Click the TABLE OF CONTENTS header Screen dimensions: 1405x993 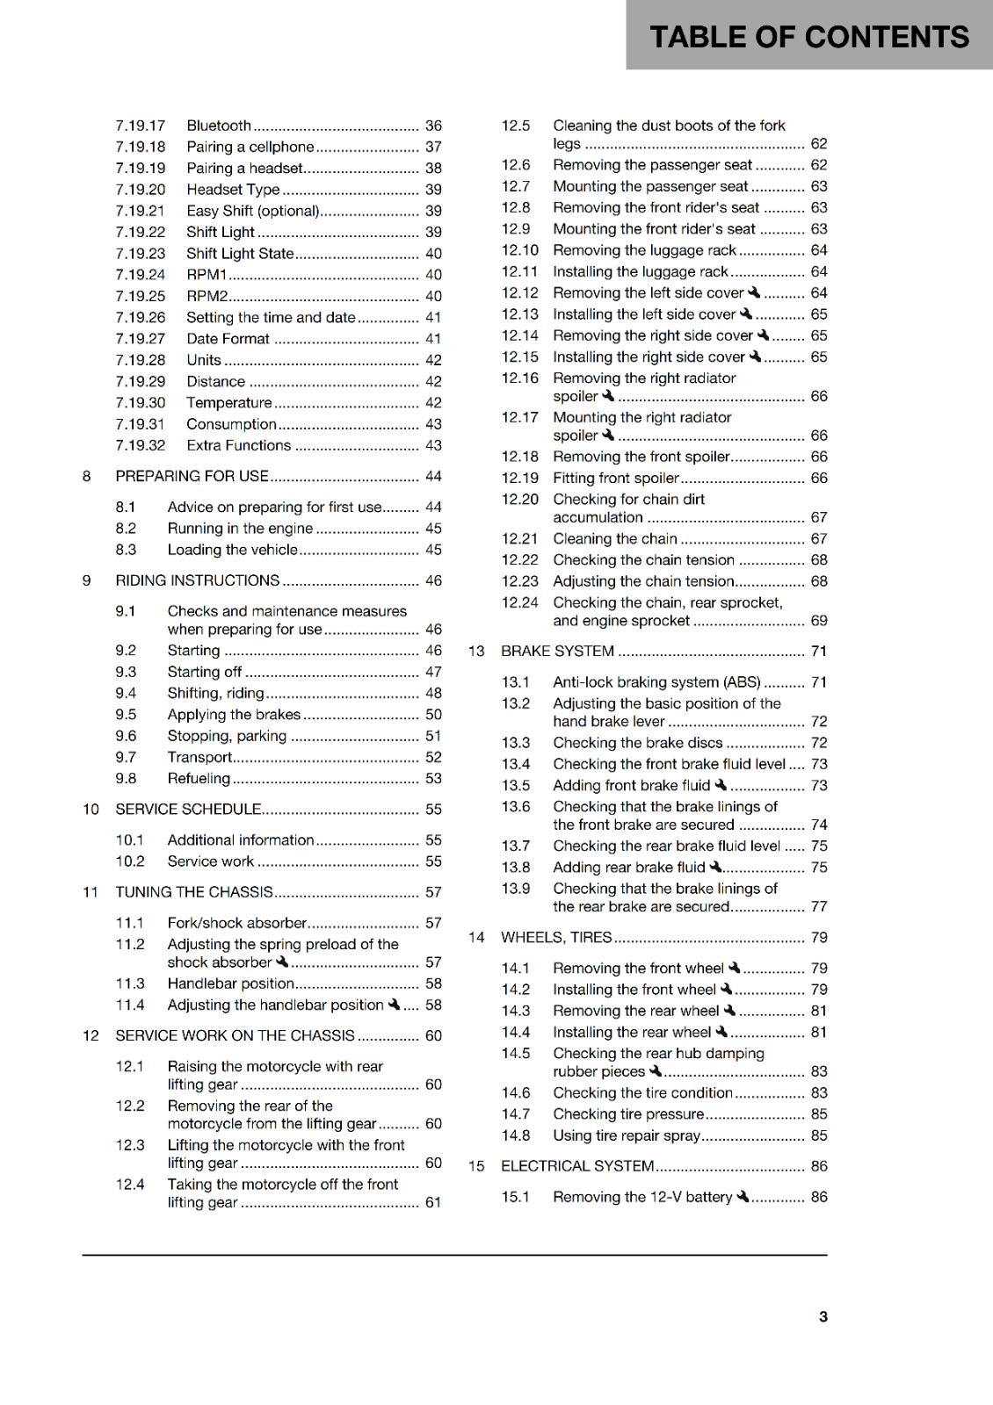(808, 37)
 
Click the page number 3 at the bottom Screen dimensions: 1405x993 (823, 1316)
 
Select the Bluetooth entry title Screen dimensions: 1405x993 (219, 126)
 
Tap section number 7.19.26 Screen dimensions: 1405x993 (140, 317)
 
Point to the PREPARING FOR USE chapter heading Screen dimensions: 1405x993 (192, 476)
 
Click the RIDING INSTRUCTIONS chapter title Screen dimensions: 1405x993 (197, 580)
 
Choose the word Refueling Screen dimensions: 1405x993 (199, 778)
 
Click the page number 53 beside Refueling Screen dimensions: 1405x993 (433, 778)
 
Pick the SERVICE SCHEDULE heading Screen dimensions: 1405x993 (188, 809)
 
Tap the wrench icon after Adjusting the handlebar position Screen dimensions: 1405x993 (395, 1005)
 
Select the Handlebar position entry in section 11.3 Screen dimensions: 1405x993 (230, 983)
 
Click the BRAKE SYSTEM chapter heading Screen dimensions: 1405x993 (557, 651)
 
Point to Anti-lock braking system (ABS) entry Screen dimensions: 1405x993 (656, 682)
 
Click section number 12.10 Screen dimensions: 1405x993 (519, 250)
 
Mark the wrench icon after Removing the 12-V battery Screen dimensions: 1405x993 (743, 1197)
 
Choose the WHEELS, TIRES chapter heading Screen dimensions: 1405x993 (556, 937)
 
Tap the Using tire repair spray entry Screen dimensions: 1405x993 (627, 1135)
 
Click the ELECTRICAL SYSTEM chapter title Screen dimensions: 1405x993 (577, 1166)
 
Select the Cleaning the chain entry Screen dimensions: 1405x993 (615, 538)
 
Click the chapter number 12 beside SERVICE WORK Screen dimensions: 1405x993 (91, 1035)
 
